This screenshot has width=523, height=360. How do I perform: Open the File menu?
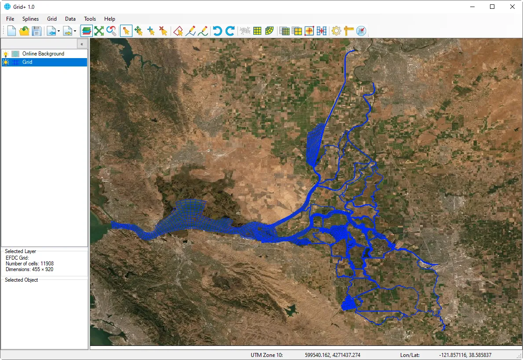pyautogui.click(x=10, y=19)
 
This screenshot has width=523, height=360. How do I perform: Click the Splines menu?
pyautogui.click(x=31, y=19)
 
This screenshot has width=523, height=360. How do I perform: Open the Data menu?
pyautogui.click(x=70, y=19)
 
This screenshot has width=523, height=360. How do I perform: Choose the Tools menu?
pyautogui.click(x=90, y=19)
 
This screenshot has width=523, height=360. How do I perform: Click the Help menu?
pyautogui.click(x=110, y=19)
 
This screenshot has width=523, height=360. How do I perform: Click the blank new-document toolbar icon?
pyautogui.click(x=11, y=31)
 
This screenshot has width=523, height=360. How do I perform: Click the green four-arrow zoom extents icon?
pyautogui.click(x=99, y=31)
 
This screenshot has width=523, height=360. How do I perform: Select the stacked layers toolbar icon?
pyautogui.click(x=87, y=31)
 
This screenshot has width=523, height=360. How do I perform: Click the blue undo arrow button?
pyautogui.click(x=217, y=31)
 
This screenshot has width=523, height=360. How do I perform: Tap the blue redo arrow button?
pyautogui.click(x=230, y=31)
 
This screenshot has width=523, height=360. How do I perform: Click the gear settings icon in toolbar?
pyautogui.click(x=336, y=31)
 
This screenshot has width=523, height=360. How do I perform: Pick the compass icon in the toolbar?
pyautogui.click(x=361, y=31)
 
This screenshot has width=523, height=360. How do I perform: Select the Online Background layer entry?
pyautogui.click(x=43, y=54)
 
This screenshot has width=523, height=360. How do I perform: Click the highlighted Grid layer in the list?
pyautogui.click(x=27, y=62)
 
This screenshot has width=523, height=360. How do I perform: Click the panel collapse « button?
pyautogui.click(x=82, y=44)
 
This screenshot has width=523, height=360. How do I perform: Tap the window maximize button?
pyautogui.click(x=492, y=7)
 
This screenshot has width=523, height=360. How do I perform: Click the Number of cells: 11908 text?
pyautogui.click(x=29, y=264)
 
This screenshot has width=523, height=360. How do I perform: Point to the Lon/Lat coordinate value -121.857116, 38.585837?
pyautogui.click(x=465, y=355)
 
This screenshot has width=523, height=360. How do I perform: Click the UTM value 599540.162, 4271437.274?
pyautogui.click(x=332, y=355)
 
